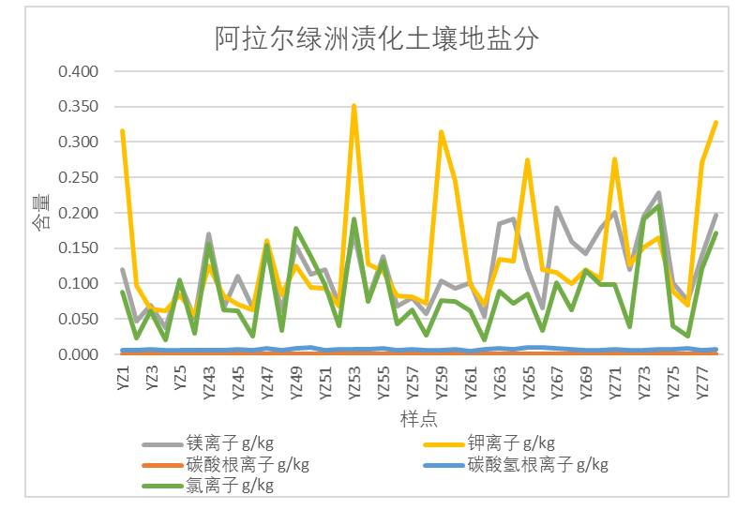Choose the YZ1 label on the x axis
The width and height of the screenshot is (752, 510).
[123, 378]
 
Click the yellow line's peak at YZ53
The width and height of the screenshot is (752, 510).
[354, 106]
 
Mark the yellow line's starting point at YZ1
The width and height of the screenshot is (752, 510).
[123, 131]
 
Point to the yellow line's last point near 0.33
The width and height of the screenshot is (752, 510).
[716, 122]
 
